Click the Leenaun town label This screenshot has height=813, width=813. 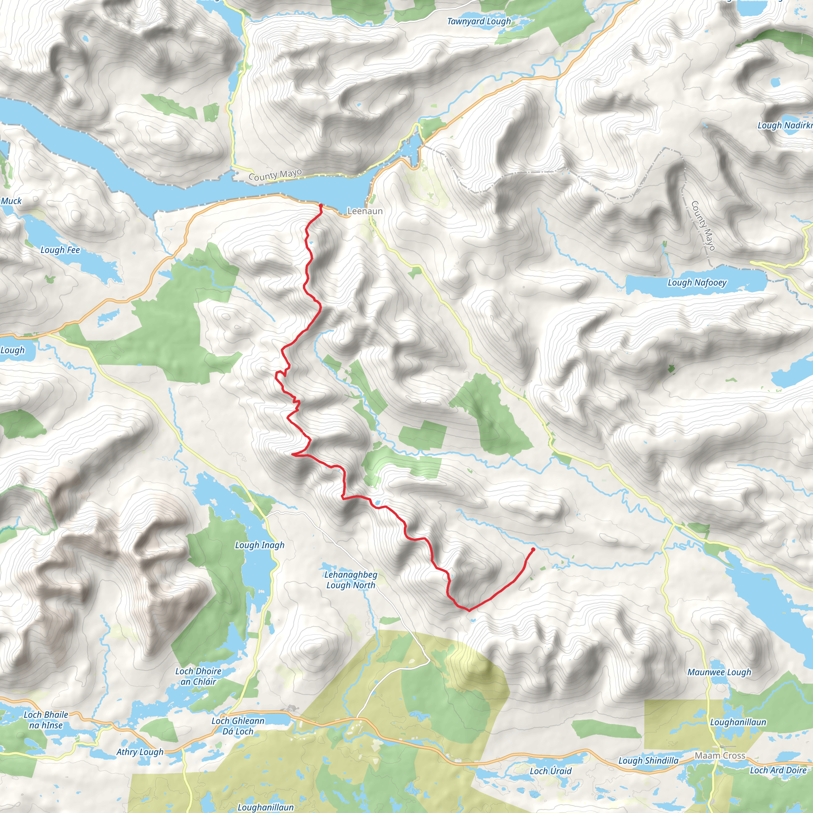pos(365,211)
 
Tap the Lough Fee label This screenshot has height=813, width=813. pos(60,250)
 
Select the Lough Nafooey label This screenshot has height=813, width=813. pos(697,282)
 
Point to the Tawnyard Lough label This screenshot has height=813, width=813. pos(479,21)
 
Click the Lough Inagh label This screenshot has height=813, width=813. pos(260,545)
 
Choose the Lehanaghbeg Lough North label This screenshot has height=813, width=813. pos(351,580)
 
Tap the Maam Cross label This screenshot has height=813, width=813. pos(720,755)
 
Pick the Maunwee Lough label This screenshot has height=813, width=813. pos(719,672)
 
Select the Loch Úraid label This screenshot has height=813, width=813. pos(551,771)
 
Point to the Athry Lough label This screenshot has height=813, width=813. pos(140,752)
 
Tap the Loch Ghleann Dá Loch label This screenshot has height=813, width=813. pos(238,726)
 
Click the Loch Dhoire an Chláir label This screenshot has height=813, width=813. pos(198,676)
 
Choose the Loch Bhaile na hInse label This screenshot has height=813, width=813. pos(46,720)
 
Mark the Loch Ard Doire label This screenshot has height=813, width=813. pos(778,770)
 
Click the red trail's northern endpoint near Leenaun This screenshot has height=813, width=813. pos(321,206)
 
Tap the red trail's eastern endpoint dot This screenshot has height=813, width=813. pos(533,549)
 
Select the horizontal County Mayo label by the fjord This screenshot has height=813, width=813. pos(275,175)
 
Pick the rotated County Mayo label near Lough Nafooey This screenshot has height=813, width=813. pos(703,225)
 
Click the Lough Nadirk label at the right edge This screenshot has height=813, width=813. pos(784,125)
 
